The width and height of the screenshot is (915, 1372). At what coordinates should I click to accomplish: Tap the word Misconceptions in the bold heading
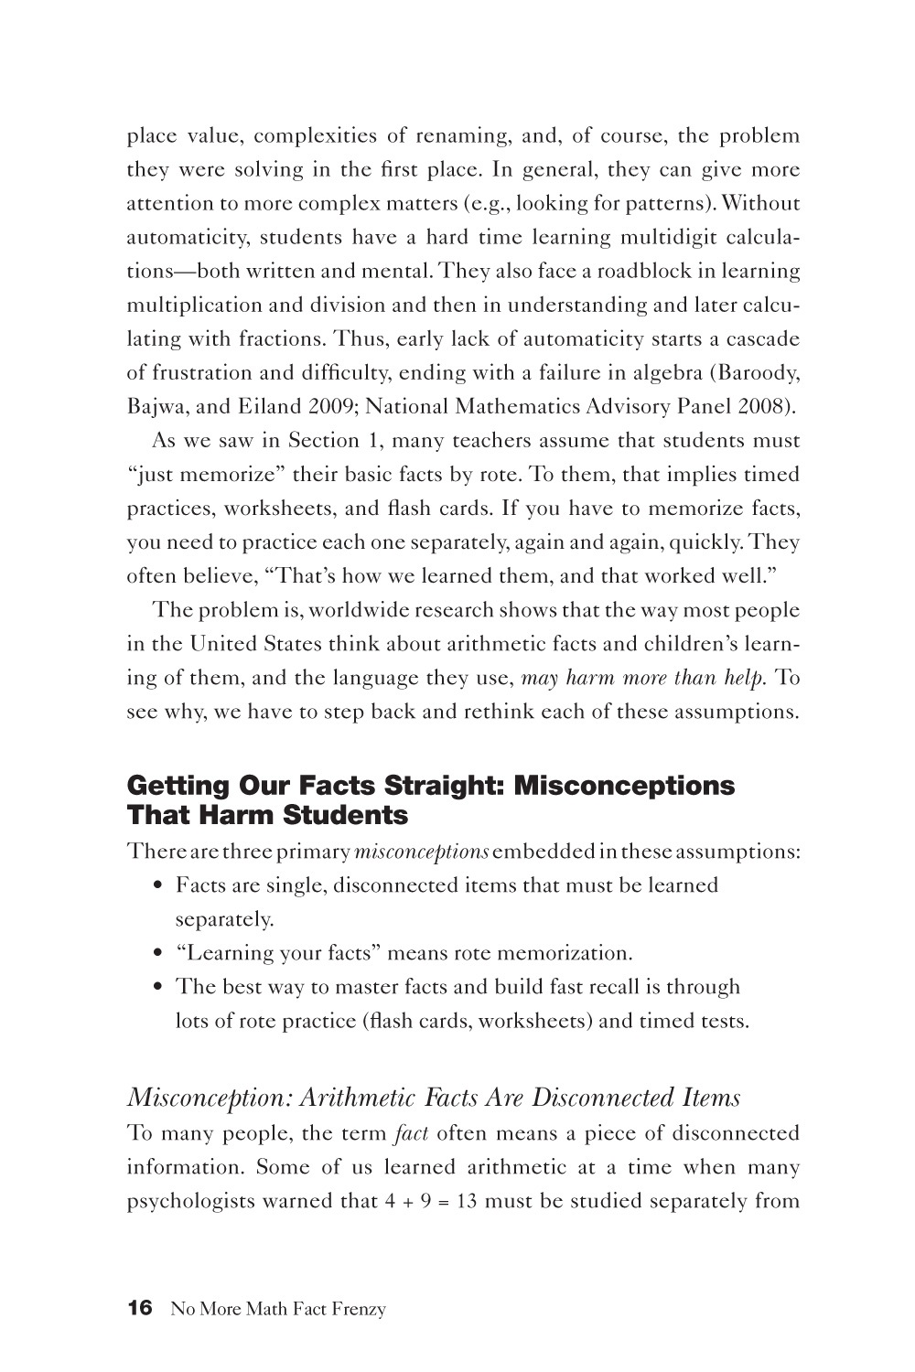coord(624,786)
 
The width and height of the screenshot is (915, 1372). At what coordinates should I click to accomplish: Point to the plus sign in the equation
coord(399,1202)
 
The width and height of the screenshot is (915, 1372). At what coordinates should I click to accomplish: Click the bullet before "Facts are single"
coord(159,885)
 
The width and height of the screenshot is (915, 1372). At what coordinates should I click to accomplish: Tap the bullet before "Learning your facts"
coord(159,953)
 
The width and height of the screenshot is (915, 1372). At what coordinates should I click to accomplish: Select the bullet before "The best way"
coord(159,987)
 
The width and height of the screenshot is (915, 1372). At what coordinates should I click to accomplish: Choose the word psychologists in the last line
coord(190,1202)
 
